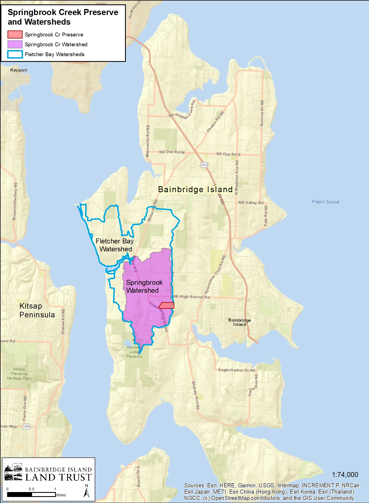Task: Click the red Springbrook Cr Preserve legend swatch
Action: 15,35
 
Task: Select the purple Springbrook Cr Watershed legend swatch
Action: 15,44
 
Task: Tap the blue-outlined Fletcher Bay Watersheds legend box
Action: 15,54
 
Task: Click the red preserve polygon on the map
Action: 167,305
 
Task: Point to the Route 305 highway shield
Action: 205,165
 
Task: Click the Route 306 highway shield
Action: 27,426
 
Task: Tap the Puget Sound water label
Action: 325,202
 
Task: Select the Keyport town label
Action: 18,70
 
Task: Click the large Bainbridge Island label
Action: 195,189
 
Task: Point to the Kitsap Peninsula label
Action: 37,310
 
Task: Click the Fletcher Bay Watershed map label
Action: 115,245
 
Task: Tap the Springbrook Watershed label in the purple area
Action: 144,286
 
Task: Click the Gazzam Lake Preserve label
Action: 134,352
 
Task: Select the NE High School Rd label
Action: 191,297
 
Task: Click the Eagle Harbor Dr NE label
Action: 237,370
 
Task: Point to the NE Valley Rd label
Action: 251,203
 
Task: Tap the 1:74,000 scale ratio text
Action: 345,475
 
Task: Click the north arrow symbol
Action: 87,493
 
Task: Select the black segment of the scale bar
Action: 19,495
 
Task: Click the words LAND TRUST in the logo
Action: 58,477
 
